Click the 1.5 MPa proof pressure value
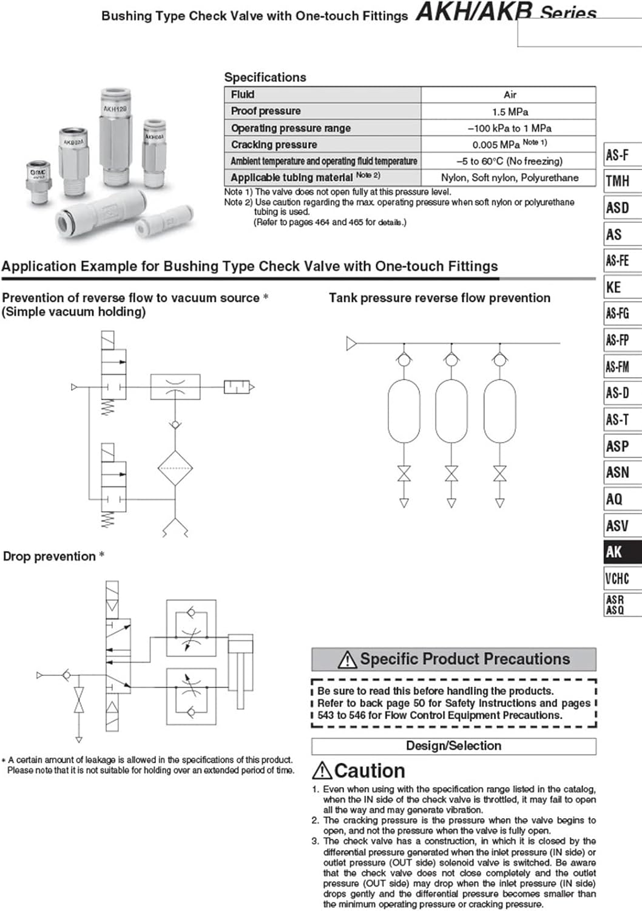click(509, 112)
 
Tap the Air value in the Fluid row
click(510, 95)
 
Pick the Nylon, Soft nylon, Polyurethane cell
click(509, 178)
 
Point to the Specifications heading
click(265, 77)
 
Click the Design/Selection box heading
click(453, 746)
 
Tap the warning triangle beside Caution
click(322, 771)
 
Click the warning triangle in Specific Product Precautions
click(347, 660)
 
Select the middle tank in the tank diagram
click(451, 411)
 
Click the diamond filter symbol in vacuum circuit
click(175, 468)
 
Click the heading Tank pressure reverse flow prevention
click(439, 298)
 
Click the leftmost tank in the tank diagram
click(404, 411)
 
